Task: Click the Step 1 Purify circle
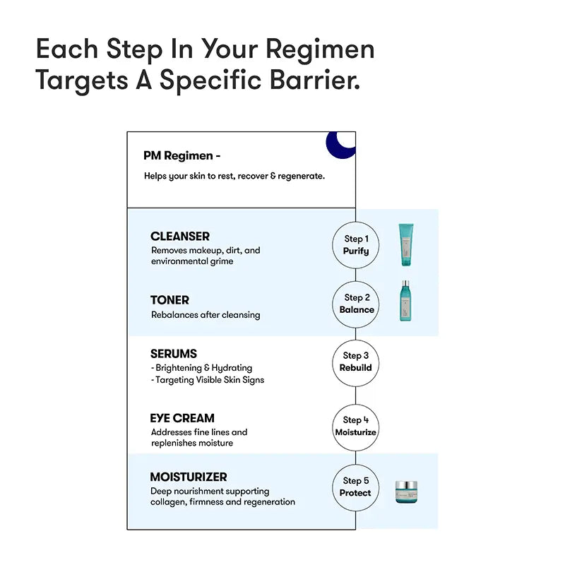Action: [356, 245]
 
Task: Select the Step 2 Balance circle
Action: [356, 304]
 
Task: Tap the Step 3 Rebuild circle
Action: [356, 362]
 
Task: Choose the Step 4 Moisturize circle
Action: [356, 426]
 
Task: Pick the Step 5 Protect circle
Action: [356, 487]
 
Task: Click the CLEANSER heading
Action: [180, 237]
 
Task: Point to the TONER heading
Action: [169, 300]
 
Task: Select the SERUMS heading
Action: [174, 354]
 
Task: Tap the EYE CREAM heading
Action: [182, 418]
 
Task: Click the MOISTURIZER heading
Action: [189, 477]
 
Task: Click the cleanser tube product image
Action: [406, 244]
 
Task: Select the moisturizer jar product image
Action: [406, 492]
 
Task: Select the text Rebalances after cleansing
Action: [206, 315]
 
